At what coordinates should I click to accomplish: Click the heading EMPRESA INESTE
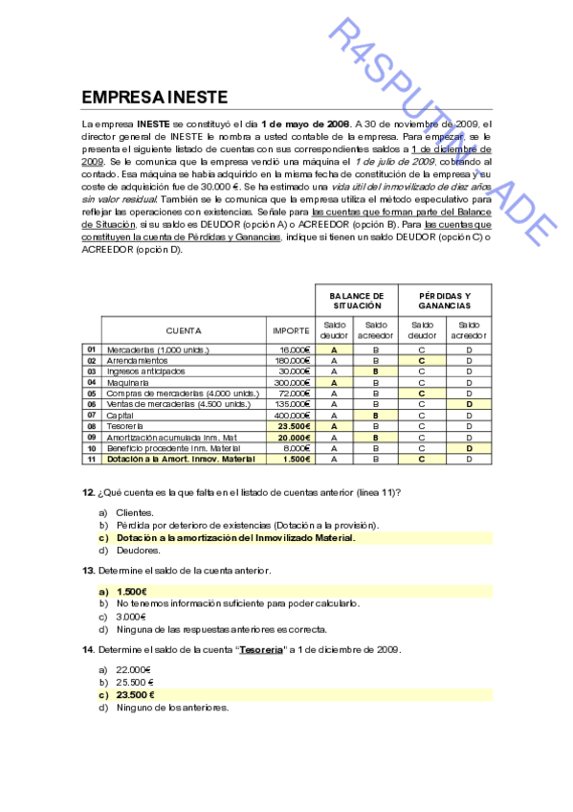coord(154,98)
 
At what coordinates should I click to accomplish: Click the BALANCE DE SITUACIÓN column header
coord(357,300)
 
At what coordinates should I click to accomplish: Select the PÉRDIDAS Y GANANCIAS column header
coord(444,300)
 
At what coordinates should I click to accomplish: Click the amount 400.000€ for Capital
coord(293,416)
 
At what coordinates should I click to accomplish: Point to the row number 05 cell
coord(92,394)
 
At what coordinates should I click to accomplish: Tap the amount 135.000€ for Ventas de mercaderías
coord(293,404)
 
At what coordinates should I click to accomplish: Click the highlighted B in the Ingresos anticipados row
coord(376,372)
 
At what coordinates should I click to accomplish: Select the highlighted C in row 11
coord(422,459)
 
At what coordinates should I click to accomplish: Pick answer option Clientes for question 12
coord(134,513)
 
